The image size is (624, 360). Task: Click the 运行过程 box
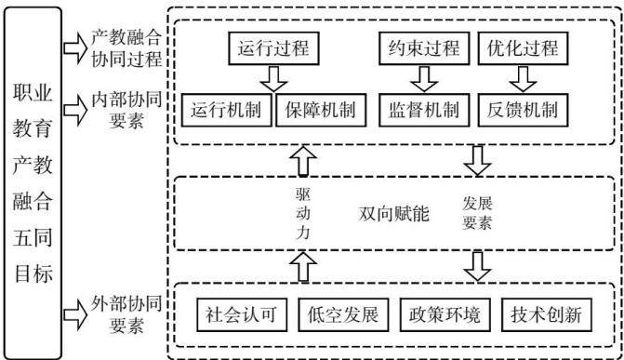(273, 48)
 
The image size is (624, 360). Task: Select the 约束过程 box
(424, 48)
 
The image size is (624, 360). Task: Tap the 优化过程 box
(523, 48)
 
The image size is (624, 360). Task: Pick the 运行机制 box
(226, 111)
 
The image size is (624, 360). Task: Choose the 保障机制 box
(321, 111)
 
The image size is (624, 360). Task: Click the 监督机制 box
(424, 111)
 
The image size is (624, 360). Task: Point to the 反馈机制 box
(523, 111)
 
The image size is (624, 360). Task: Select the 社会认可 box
(242, 315)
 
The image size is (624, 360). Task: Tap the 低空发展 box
(343, 315)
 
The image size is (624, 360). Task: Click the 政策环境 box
(445, 315)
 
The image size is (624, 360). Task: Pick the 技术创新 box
(547, 315)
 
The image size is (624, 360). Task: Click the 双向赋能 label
(393, 214)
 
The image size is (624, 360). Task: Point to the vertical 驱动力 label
(303, 214)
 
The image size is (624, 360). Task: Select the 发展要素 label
(477, 213)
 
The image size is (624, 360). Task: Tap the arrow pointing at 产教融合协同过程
(75, 48)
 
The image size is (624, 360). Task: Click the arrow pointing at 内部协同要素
(75, 110)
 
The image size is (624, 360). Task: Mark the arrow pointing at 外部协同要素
(75, 314)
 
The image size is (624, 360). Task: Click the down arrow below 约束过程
(424, 79)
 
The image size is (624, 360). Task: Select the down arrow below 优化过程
(523, 79)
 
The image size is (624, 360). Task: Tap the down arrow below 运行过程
(273, 79)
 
